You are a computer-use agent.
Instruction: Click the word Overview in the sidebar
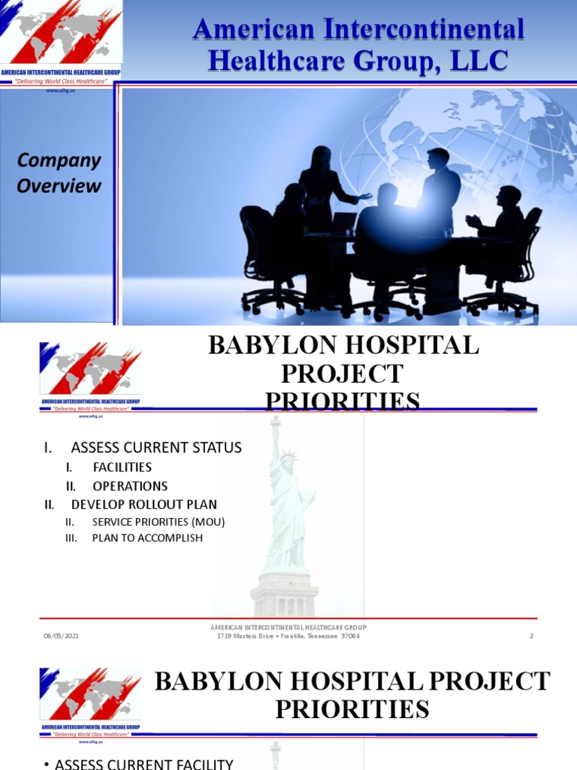point(59,185)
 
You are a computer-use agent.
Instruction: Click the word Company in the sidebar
point(59,160)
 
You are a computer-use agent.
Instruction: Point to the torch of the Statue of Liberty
point(274,420)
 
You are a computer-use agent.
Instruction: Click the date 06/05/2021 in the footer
point(61,636)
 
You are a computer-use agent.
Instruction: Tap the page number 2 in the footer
point(531,636)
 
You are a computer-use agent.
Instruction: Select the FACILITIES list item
point(122,467)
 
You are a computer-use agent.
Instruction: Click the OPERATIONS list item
point(130,486)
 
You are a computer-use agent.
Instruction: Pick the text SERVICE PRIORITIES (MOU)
point(159,521)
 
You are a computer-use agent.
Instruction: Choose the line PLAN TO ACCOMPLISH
point(147,538)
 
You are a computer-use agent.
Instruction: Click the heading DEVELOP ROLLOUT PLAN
point(143,504)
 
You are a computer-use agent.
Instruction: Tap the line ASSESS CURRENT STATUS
point(156,447)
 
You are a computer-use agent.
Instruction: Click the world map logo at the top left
point(60,34)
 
